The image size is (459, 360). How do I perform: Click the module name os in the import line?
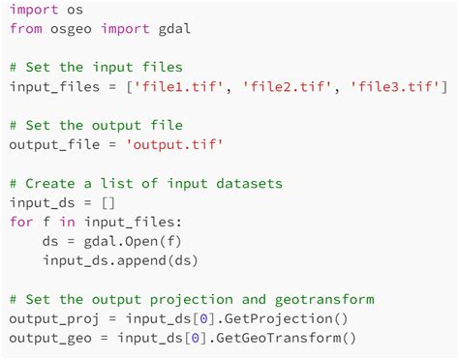point(75,11)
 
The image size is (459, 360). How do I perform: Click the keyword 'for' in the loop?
point(21,222)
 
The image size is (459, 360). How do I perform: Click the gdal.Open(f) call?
point(121,241)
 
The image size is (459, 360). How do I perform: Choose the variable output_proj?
point(54,318)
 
